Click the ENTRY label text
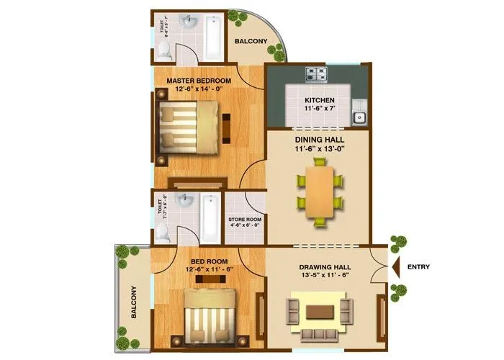418,267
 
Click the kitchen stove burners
316,73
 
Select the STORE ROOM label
245,220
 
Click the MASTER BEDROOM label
198,80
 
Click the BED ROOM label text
209,262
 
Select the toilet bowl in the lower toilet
165,231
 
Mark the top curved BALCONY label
251,41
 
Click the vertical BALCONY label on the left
133,303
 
